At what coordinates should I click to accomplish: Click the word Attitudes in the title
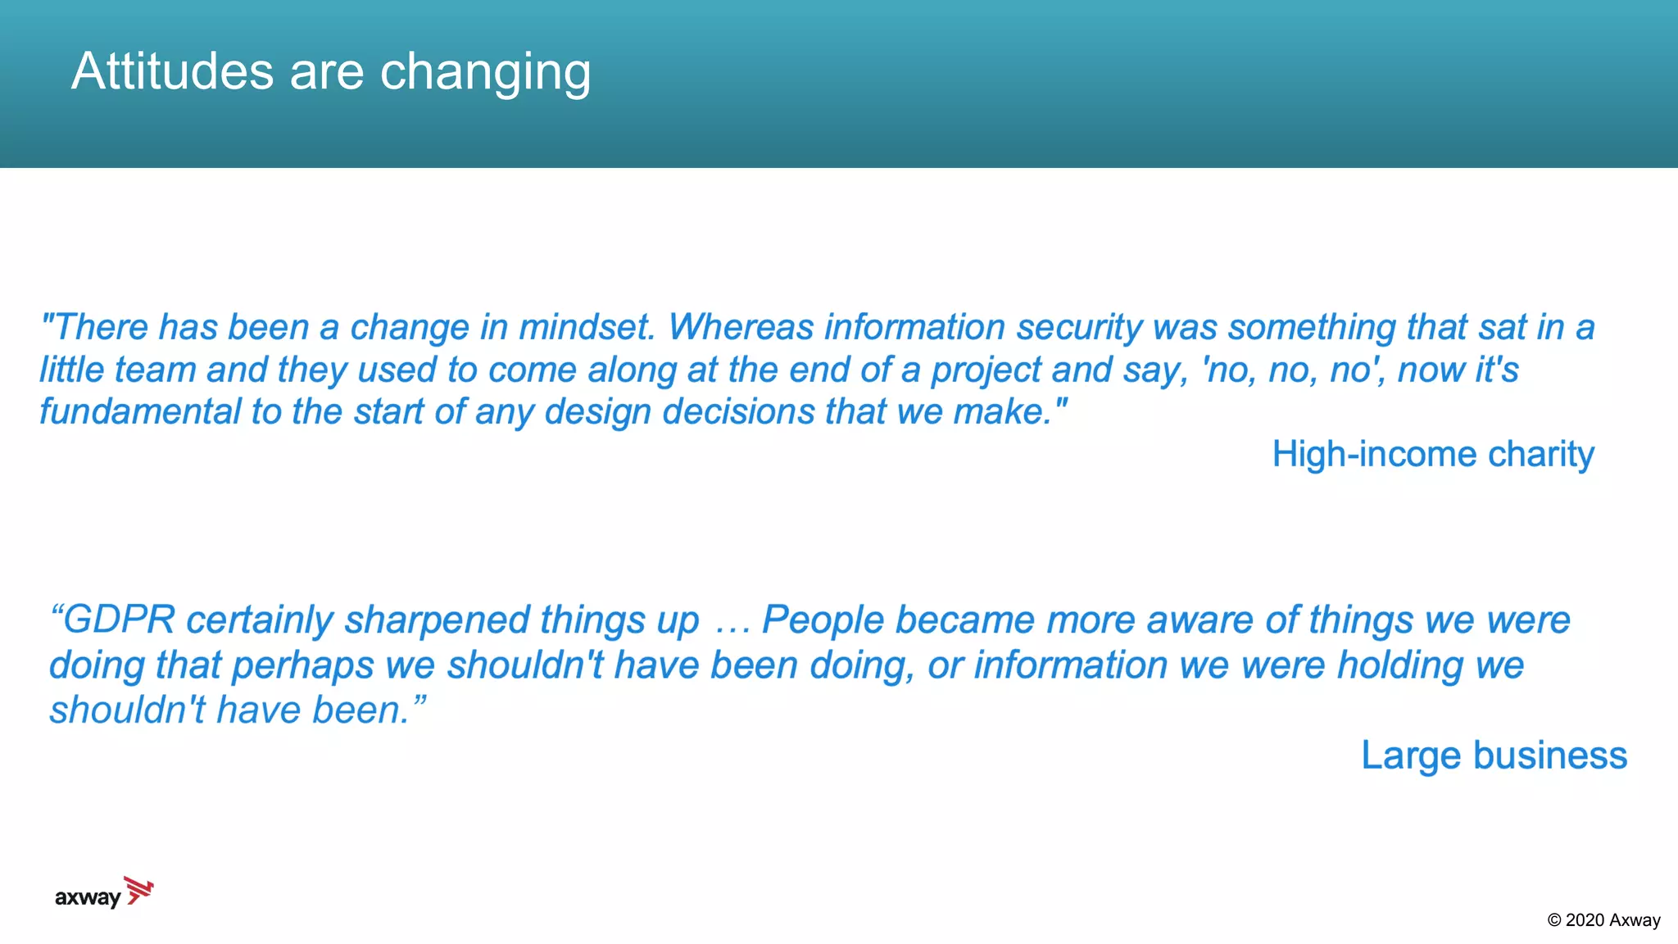(172, 71)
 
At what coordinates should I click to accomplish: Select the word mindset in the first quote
(587, 327)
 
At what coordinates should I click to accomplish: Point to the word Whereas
(741, 327)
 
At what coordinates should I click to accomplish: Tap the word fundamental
(139, 411)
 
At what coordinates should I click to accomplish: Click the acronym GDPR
(119, 619)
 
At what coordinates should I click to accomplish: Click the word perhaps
(302, 666)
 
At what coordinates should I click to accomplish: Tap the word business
(1550, 755)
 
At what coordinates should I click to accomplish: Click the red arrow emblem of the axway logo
(138, 890)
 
